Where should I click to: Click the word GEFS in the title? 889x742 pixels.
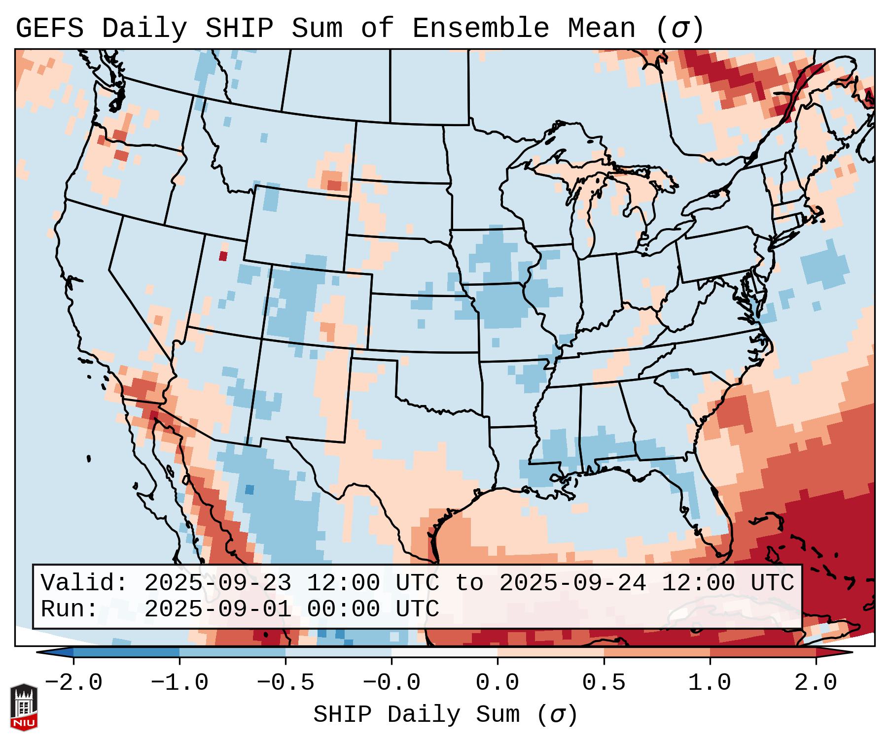(x=49, y=28)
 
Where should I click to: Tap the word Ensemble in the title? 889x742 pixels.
(x=480, y=28)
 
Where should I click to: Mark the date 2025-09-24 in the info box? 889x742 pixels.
(x=572, y=583)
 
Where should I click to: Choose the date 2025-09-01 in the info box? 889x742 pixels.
(x=217, y=609)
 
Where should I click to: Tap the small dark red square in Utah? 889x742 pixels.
(x=223, y=256)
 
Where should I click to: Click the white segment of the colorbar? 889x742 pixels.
(x=444, y=653)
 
